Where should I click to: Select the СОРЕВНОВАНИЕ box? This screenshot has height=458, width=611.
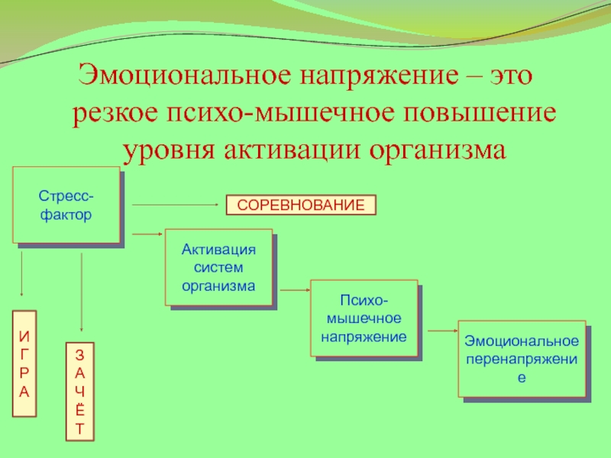(301, 205)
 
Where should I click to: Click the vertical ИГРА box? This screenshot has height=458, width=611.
(24, 363)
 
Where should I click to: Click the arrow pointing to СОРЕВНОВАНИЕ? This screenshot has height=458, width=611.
(177, 205)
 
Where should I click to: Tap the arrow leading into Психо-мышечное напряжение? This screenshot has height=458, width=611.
(293, 290)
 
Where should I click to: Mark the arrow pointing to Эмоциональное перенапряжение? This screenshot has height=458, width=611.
(441, 331)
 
